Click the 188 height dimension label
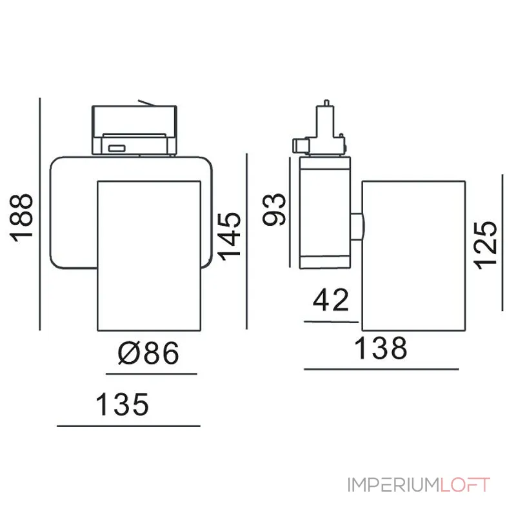pos(22,218)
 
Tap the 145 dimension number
pos(230,236)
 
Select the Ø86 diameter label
pos(148,353)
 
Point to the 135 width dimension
pos(123,404)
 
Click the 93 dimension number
pos(273,210)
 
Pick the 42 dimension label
pos(331,300)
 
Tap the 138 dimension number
pos(381,348)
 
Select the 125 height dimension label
pos(485,246)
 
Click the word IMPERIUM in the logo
pos(393,485)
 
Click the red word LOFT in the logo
pos(465,485)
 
